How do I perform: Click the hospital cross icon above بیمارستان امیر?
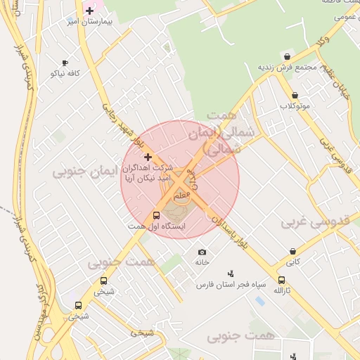[89, 11]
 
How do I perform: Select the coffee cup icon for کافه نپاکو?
[65, 63]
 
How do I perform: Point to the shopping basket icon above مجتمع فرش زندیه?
[287, 56]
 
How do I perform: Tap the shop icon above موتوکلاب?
[295, 95]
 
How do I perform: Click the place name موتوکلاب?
[295, 105]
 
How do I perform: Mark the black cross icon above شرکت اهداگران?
[148, 156]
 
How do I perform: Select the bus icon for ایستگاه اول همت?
[156, 216]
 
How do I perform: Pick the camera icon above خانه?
[202, 252]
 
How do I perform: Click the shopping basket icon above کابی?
[292, 251]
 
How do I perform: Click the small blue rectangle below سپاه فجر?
[260, 300]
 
